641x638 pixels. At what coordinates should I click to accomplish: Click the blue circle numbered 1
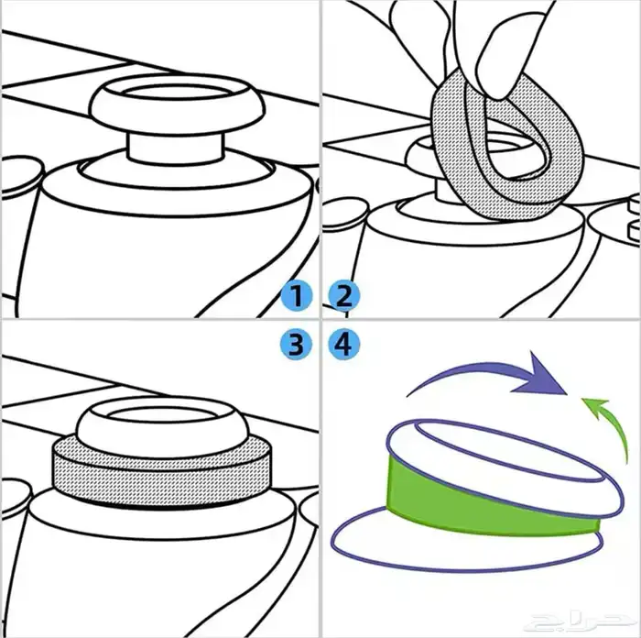[296, 296]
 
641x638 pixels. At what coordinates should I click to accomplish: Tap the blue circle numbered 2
[345, 296]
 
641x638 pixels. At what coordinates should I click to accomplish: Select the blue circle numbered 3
[296, 345]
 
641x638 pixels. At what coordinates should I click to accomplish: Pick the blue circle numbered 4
[345, 345]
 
